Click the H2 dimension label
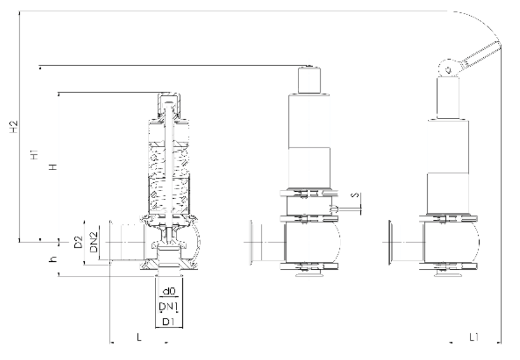[14, 127]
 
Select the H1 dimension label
[34, 155]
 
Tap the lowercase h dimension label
[53, 259]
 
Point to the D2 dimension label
[78, 242]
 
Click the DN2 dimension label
[94, 242]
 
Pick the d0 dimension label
[169, 291]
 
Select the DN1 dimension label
[169, 306]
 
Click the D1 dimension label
[168, 321]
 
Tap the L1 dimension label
[474, 337]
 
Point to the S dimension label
[355, 195]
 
